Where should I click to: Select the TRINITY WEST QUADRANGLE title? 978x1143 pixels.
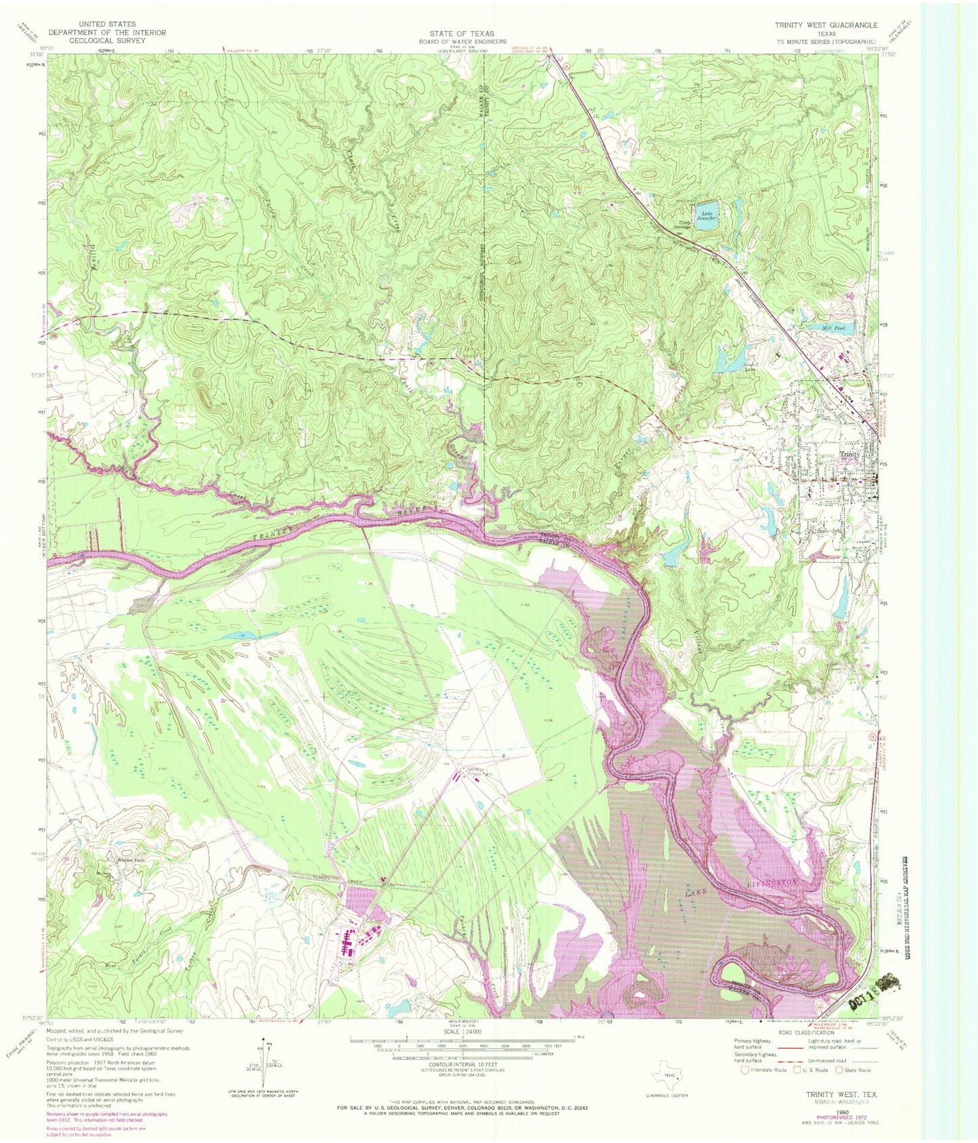(x=826, y=25)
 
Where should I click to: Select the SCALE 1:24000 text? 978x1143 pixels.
(x=462, y=1032)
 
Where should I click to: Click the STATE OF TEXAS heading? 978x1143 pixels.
(x=462, y=33)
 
